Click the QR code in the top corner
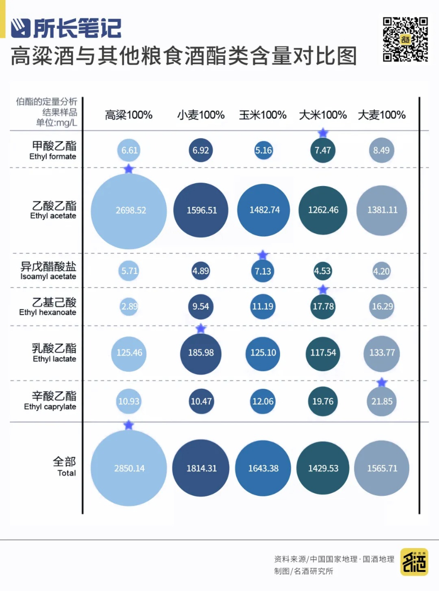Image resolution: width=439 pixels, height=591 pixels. click(x=405, y=40)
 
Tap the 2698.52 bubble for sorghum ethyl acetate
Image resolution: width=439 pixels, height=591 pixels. click(x=130, y=211)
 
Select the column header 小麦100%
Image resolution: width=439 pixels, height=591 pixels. click(x=200, y=115)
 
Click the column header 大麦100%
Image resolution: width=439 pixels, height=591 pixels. click(x=381, y=115)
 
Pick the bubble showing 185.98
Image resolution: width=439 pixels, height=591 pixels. click(x=200, y=353)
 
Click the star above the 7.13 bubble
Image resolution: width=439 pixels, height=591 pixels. click(x=263, y=255)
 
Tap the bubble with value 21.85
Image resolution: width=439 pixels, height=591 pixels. click(x=381, y=401)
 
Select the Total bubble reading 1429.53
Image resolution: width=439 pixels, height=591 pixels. click(x=323, y=468)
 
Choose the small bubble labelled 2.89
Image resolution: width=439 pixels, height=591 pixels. click(x=130, y=307)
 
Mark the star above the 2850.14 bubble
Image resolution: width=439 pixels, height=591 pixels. click(x=128, y=425)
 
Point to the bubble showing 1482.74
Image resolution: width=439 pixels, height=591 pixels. click(x=263, y=210)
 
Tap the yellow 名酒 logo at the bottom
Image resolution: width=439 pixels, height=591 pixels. click(x=414, y=562)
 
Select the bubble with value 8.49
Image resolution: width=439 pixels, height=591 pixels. click(x=381, y=150)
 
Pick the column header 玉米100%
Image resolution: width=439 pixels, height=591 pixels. click(x=262, y=115)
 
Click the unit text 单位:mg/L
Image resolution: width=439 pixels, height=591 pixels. click(x=56, y=122)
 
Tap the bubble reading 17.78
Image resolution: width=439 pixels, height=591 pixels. click(x=323, y=307)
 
